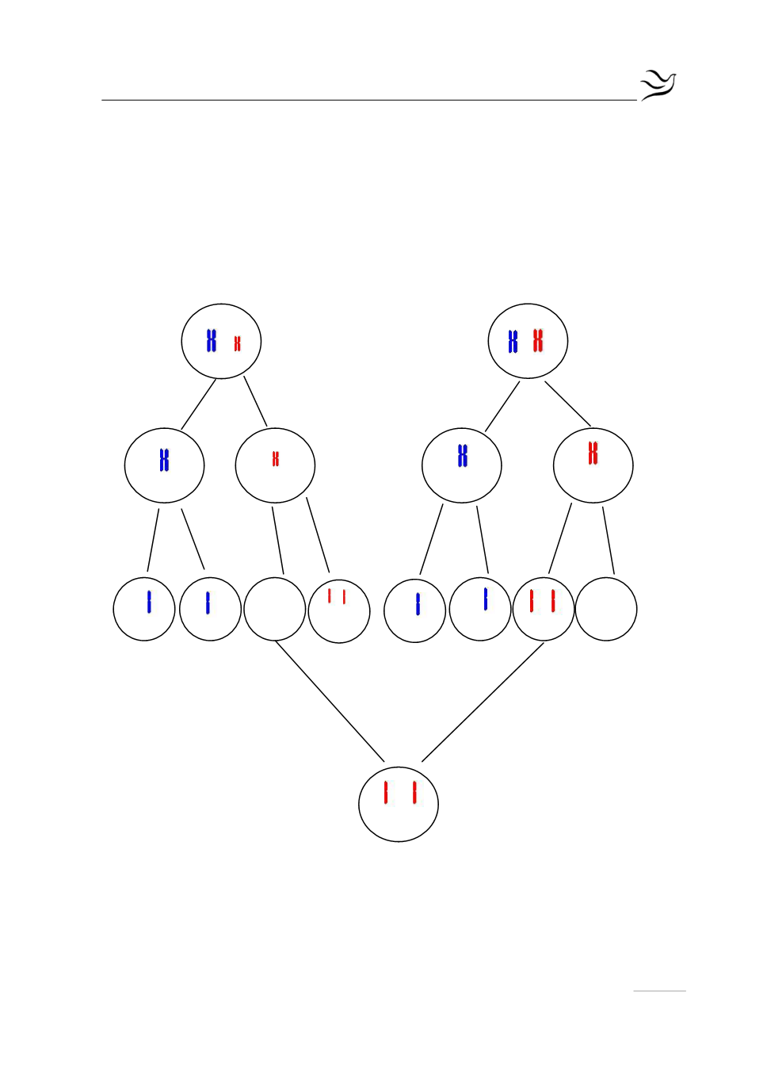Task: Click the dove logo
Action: click(658, 85)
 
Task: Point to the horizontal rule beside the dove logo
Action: click(368, 100)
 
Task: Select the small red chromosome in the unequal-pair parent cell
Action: click(237, 343)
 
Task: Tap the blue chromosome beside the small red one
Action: click(211, 341)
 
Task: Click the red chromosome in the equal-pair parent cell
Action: click(538, 341)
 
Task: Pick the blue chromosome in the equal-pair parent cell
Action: click(513, 342)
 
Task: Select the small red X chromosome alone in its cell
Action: click(276, 459)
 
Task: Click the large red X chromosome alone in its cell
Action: click(593, 453)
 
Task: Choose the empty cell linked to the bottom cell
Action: click(275, 609)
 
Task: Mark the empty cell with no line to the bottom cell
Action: click(606, 609)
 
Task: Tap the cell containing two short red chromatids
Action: click(339, 611)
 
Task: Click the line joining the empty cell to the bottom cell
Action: click(329, 701)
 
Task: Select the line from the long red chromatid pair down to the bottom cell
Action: click(483, 702)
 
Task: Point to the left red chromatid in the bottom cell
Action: click(386, 793)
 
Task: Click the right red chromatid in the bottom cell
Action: click(414, 793)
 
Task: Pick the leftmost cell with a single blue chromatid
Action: click(144, 609)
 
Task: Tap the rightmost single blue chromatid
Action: click(486, 599)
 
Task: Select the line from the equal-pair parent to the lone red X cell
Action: click(567, 404)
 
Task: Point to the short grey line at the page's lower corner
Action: click(659, 991)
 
